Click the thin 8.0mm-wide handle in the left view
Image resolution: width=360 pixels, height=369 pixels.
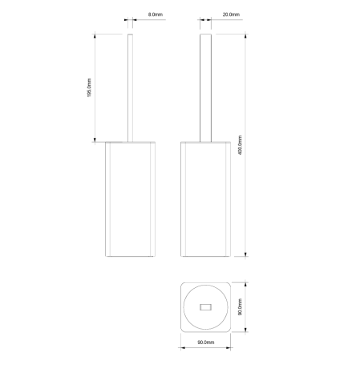(131, 88)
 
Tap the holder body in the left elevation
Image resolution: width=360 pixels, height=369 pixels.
(131, 201)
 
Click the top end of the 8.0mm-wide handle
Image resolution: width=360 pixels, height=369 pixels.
(131, 34)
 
